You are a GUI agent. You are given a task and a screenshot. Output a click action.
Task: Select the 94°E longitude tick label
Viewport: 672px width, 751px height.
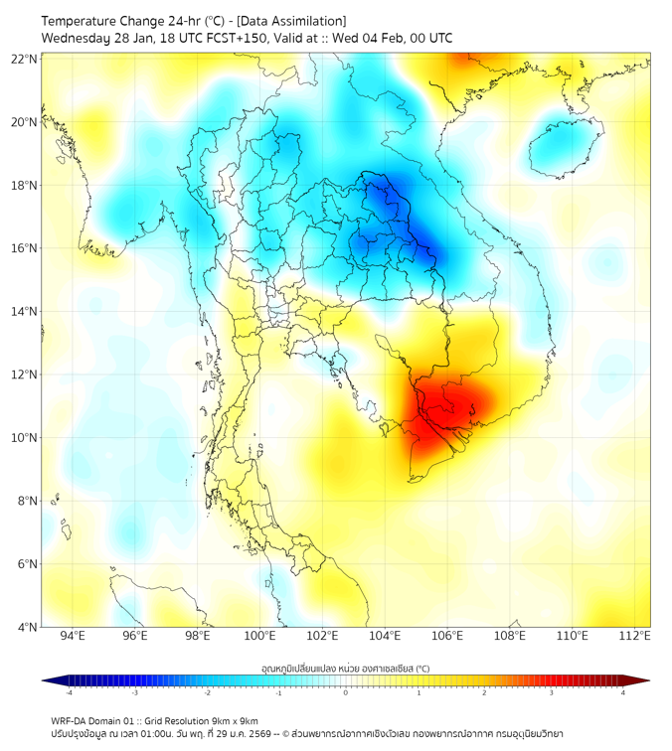[x=73, y=636]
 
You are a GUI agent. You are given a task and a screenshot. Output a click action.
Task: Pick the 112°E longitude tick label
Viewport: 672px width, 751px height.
[x=635, y=636]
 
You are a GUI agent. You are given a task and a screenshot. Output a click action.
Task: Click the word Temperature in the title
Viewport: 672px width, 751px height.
[x=83, y=21]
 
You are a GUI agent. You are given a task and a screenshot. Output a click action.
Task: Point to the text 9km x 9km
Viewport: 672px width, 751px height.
[x=233, y=720]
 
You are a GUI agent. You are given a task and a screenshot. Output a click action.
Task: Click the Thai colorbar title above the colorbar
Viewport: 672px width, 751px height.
[x=345, y=669]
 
